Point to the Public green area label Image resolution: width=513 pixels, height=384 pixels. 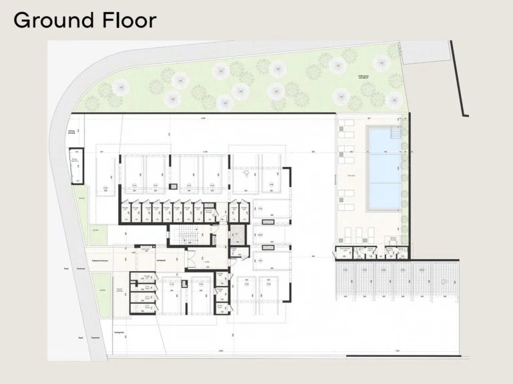click(x=364, y=77)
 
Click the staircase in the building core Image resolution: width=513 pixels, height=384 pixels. click(x=188, y=236)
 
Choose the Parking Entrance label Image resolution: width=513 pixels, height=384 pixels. click(x=71, y=132)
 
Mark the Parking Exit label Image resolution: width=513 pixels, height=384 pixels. click(x=120, y=331)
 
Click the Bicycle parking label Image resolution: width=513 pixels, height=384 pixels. click(x=120, y=289)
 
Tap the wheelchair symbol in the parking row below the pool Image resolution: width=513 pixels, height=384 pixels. click(x=442, y=281)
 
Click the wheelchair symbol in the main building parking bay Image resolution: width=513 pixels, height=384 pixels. click(x=247, y=174)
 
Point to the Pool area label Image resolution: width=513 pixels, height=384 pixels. click(x=350, y=176)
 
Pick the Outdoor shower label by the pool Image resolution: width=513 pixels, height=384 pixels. click(x=394, y=238)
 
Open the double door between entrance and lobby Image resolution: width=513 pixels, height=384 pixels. click(x=192, y=259)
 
